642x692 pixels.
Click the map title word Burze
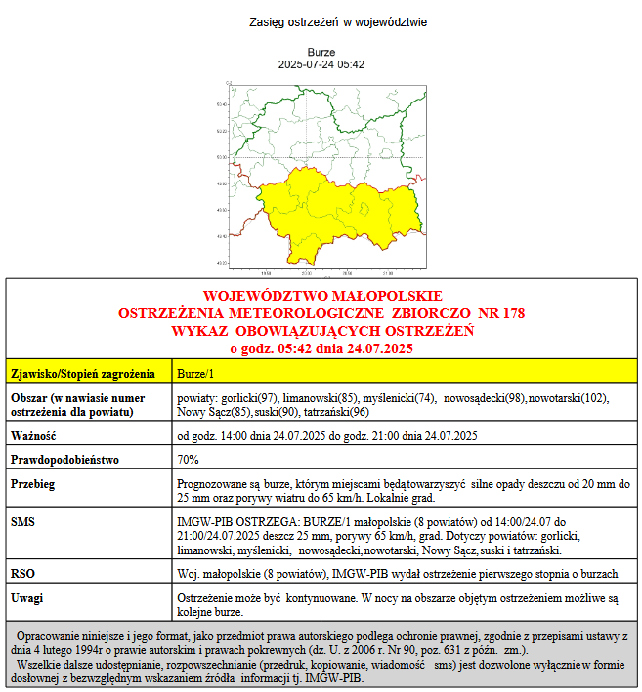[x=321, y=52]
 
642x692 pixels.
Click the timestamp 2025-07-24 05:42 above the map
[x=321, y=64]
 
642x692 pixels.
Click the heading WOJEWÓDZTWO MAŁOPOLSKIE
[x=321, y=296]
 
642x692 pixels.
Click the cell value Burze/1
[x=195, y=373]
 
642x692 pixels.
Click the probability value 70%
[x=188, y=459]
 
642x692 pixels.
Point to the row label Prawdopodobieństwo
[x=64, y=459]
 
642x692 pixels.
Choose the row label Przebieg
[x=32, y=483]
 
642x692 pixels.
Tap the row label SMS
[x=22, y=522]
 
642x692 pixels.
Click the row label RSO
[x=22, y=573]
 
